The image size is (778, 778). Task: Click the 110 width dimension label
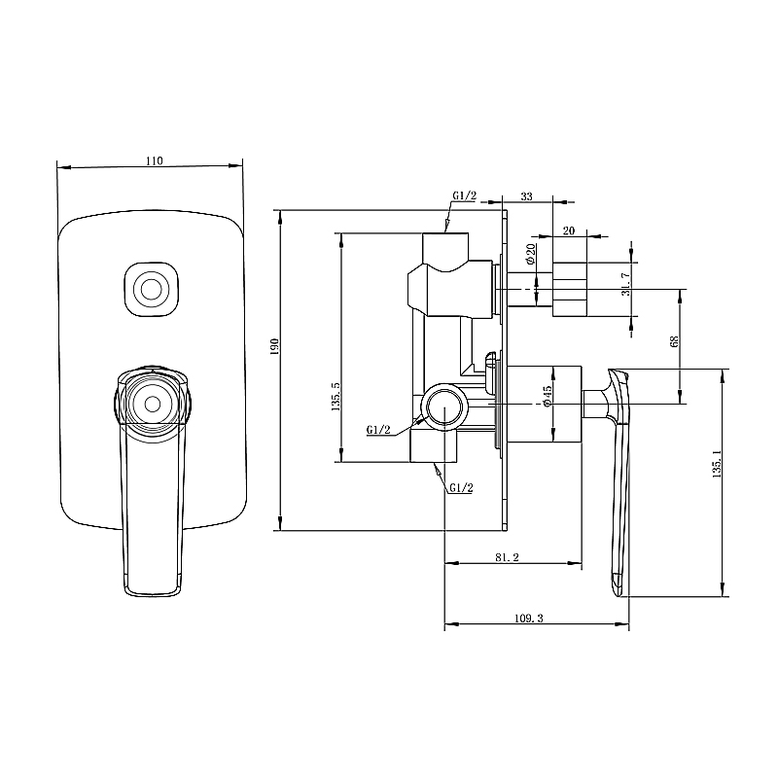[153, 160]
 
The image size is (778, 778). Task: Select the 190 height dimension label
[275, 347]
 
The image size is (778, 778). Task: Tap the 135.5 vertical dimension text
[335, 398]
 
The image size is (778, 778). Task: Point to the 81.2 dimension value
[506, 558]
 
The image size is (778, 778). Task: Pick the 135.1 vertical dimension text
[717, 465]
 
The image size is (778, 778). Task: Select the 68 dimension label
[674, 342]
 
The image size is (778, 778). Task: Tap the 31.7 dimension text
[625, 284]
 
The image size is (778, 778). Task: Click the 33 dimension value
[526, 196]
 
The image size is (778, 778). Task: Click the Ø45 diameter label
[548, 395]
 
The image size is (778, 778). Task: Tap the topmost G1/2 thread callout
[464, 195]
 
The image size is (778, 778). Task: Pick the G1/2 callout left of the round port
[379, 429]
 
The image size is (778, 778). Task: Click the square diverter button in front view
[152, 290]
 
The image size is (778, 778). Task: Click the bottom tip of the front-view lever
[153, 589]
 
